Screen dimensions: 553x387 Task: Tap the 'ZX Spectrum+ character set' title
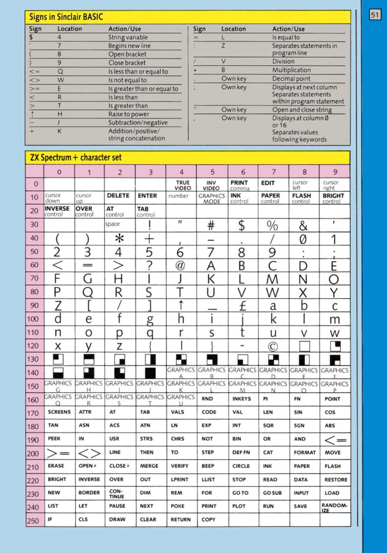(75, 158)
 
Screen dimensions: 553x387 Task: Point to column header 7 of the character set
(273, 172)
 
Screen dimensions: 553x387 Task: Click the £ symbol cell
(243, 306)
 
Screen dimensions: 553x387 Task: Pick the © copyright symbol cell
(273, 346)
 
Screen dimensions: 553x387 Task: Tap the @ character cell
(181, 265)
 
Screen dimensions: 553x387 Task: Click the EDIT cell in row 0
(268, 183)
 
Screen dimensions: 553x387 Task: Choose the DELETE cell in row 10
(118, 196)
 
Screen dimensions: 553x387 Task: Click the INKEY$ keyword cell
(242, 399)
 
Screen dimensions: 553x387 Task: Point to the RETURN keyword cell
(180, 520)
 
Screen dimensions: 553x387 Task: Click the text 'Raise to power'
(128, 114)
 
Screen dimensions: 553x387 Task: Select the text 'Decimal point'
(291, 79)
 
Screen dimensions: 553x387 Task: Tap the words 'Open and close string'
(302, 109)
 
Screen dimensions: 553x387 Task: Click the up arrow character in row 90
(180, 306)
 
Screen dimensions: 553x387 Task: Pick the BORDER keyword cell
(89, 493)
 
